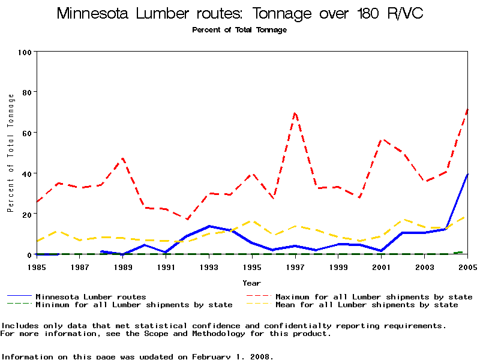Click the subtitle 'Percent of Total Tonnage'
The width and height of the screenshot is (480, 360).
click(x=239, y=30)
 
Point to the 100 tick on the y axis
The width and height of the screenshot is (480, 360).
click(x=25, y=52)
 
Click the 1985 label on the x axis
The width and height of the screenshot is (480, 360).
click(x=37, y=266)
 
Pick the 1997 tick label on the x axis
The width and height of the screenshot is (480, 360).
click(x=295, y=266)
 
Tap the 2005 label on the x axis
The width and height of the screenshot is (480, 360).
click(x=467, y=266)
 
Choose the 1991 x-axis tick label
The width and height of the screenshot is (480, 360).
click(x=166, y=266)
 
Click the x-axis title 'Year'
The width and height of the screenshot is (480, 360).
click(x=252, y=283)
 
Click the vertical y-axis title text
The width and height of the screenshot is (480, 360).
click(x=10, y=153)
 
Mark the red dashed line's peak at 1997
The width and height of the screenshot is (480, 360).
click(x=295, y=112)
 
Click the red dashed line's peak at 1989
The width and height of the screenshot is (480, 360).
click(x=123, y=158)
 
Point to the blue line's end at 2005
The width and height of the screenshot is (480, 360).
click(x=467, y=174)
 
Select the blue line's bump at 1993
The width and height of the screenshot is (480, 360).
click(x=209, y=226)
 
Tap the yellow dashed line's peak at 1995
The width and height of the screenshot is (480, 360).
click(x=252, y=221)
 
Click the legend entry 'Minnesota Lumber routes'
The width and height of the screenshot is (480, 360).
click(x=91, y=296)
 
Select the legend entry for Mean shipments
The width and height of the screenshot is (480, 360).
click(x=367, y=305)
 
